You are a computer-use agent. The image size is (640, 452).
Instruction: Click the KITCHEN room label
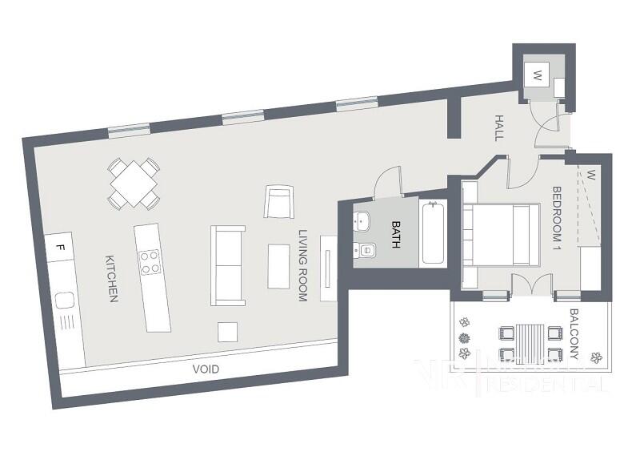(112, 279)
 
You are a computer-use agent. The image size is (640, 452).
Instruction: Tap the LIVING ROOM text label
(303, 265)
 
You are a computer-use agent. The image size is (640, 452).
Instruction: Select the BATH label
(395, 235)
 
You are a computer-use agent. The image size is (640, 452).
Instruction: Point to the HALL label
(498, 128)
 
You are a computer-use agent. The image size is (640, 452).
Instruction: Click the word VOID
(206, 369)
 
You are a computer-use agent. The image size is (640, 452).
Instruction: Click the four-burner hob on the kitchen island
(149, 262)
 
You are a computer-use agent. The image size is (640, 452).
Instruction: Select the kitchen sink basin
(64, 301)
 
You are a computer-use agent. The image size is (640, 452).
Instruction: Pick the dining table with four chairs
(134, 184)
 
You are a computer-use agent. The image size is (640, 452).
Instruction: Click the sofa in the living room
(227, 264)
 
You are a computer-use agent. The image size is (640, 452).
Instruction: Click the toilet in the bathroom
(365, 249)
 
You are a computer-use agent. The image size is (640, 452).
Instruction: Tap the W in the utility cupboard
(538, 77)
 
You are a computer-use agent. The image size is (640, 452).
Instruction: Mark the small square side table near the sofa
(228, 330)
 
